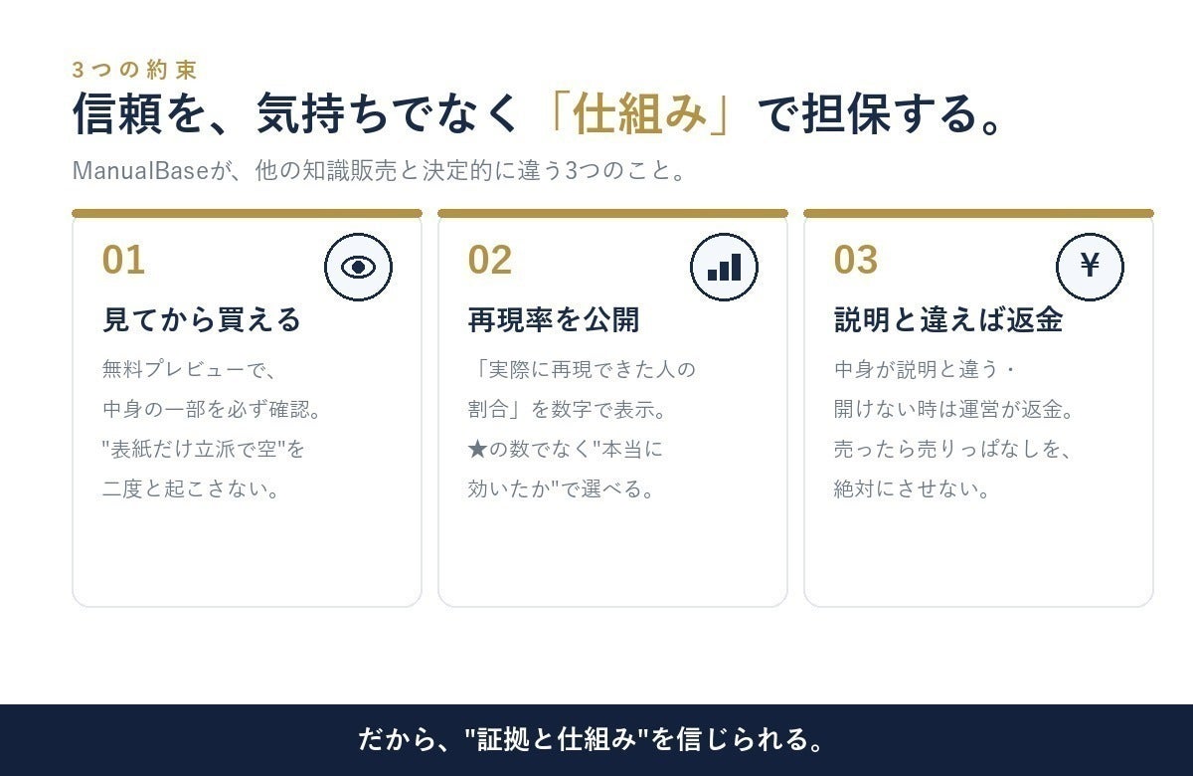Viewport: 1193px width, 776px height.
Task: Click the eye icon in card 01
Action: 359,267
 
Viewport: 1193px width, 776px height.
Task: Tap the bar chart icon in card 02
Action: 725,267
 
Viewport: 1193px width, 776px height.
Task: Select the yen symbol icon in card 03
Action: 1091,267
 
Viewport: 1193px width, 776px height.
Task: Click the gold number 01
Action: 123,260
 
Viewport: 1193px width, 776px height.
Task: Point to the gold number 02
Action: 489,260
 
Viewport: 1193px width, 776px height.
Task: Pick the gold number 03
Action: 855,260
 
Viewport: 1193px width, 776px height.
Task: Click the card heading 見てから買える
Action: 202,319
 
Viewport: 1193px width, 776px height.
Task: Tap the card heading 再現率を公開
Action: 554,319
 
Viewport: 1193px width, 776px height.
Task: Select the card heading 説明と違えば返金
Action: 948,319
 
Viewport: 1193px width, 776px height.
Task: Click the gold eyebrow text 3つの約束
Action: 135,70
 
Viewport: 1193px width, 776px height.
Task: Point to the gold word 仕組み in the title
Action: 639,113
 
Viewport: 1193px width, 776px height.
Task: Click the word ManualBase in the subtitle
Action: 140,170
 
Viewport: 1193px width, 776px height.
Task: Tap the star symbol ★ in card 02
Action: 478,450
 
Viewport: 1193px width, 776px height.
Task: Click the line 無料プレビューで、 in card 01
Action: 190,369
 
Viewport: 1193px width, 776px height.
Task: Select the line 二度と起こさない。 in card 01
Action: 191,488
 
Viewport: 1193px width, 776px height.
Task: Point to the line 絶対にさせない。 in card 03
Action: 912,488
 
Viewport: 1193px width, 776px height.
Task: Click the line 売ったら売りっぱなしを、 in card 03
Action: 952,450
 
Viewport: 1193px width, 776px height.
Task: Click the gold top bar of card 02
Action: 612,213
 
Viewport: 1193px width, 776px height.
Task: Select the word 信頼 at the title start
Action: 117,113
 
